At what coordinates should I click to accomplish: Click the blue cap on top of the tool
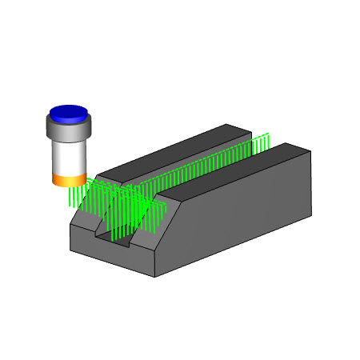[x=68, y=113]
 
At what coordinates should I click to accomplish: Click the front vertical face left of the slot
[x=84, y=239]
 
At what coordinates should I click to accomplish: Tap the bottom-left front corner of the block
[x=70, y=249]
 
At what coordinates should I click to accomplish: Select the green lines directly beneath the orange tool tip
[x=74, y=197]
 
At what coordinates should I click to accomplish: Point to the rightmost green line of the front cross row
[x=164, y=210]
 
